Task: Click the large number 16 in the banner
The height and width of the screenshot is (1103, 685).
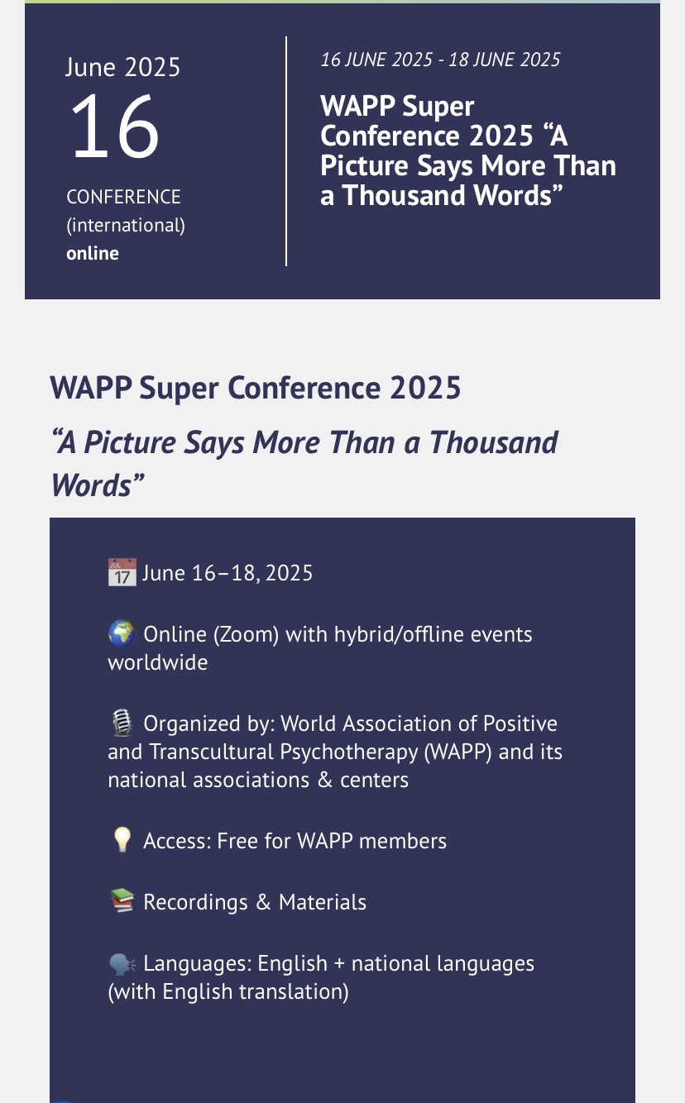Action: click(x=115, y=126)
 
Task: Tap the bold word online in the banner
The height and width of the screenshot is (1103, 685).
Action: click(x=93, y=254)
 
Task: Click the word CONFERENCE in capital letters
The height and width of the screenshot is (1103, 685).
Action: click(x=124, y=197)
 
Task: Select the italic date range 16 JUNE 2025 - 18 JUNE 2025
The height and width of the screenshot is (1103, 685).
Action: click(x=440, y=60)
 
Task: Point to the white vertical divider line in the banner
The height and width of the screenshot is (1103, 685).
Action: click(x=286, y=151)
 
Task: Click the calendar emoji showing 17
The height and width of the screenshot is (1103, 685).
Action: click(x=122, y=572)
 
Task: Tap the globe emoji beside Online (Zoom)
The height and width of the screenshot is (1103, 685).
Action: click(x=122, y=633)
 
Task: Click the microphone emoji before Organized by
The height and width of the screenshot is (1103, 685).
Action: click(x=122, y=723)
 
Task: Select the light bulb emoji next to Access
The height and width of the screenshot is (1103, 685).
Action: click(x=122, y=839)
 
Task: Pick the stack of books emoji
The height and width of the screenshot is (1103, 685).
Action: click(x=122, y=900)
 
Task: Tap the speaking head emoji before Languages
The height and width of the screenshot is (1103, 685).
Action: click(x=122, y=963)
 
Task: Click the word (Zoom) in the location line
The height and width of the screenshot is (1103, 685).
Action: click(x=246, y=635)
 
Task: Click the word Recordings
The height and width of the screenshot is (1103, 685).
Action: click(x=195, y=903)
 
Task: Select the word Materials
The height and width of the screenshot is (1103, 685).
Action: click(x=323, y=902)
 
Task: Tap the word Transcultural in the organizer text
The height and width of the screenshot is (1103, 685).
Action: click(x=212, y=752)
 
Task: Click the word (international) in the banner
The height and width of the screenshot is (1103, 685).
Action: click(x=126, y=226)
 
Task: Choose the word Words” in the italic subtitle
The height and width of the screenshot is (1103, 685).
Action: click(x=97, y=485)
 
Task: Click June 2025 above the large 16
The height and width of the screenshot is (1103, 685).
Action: click(x=122, y=67)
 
